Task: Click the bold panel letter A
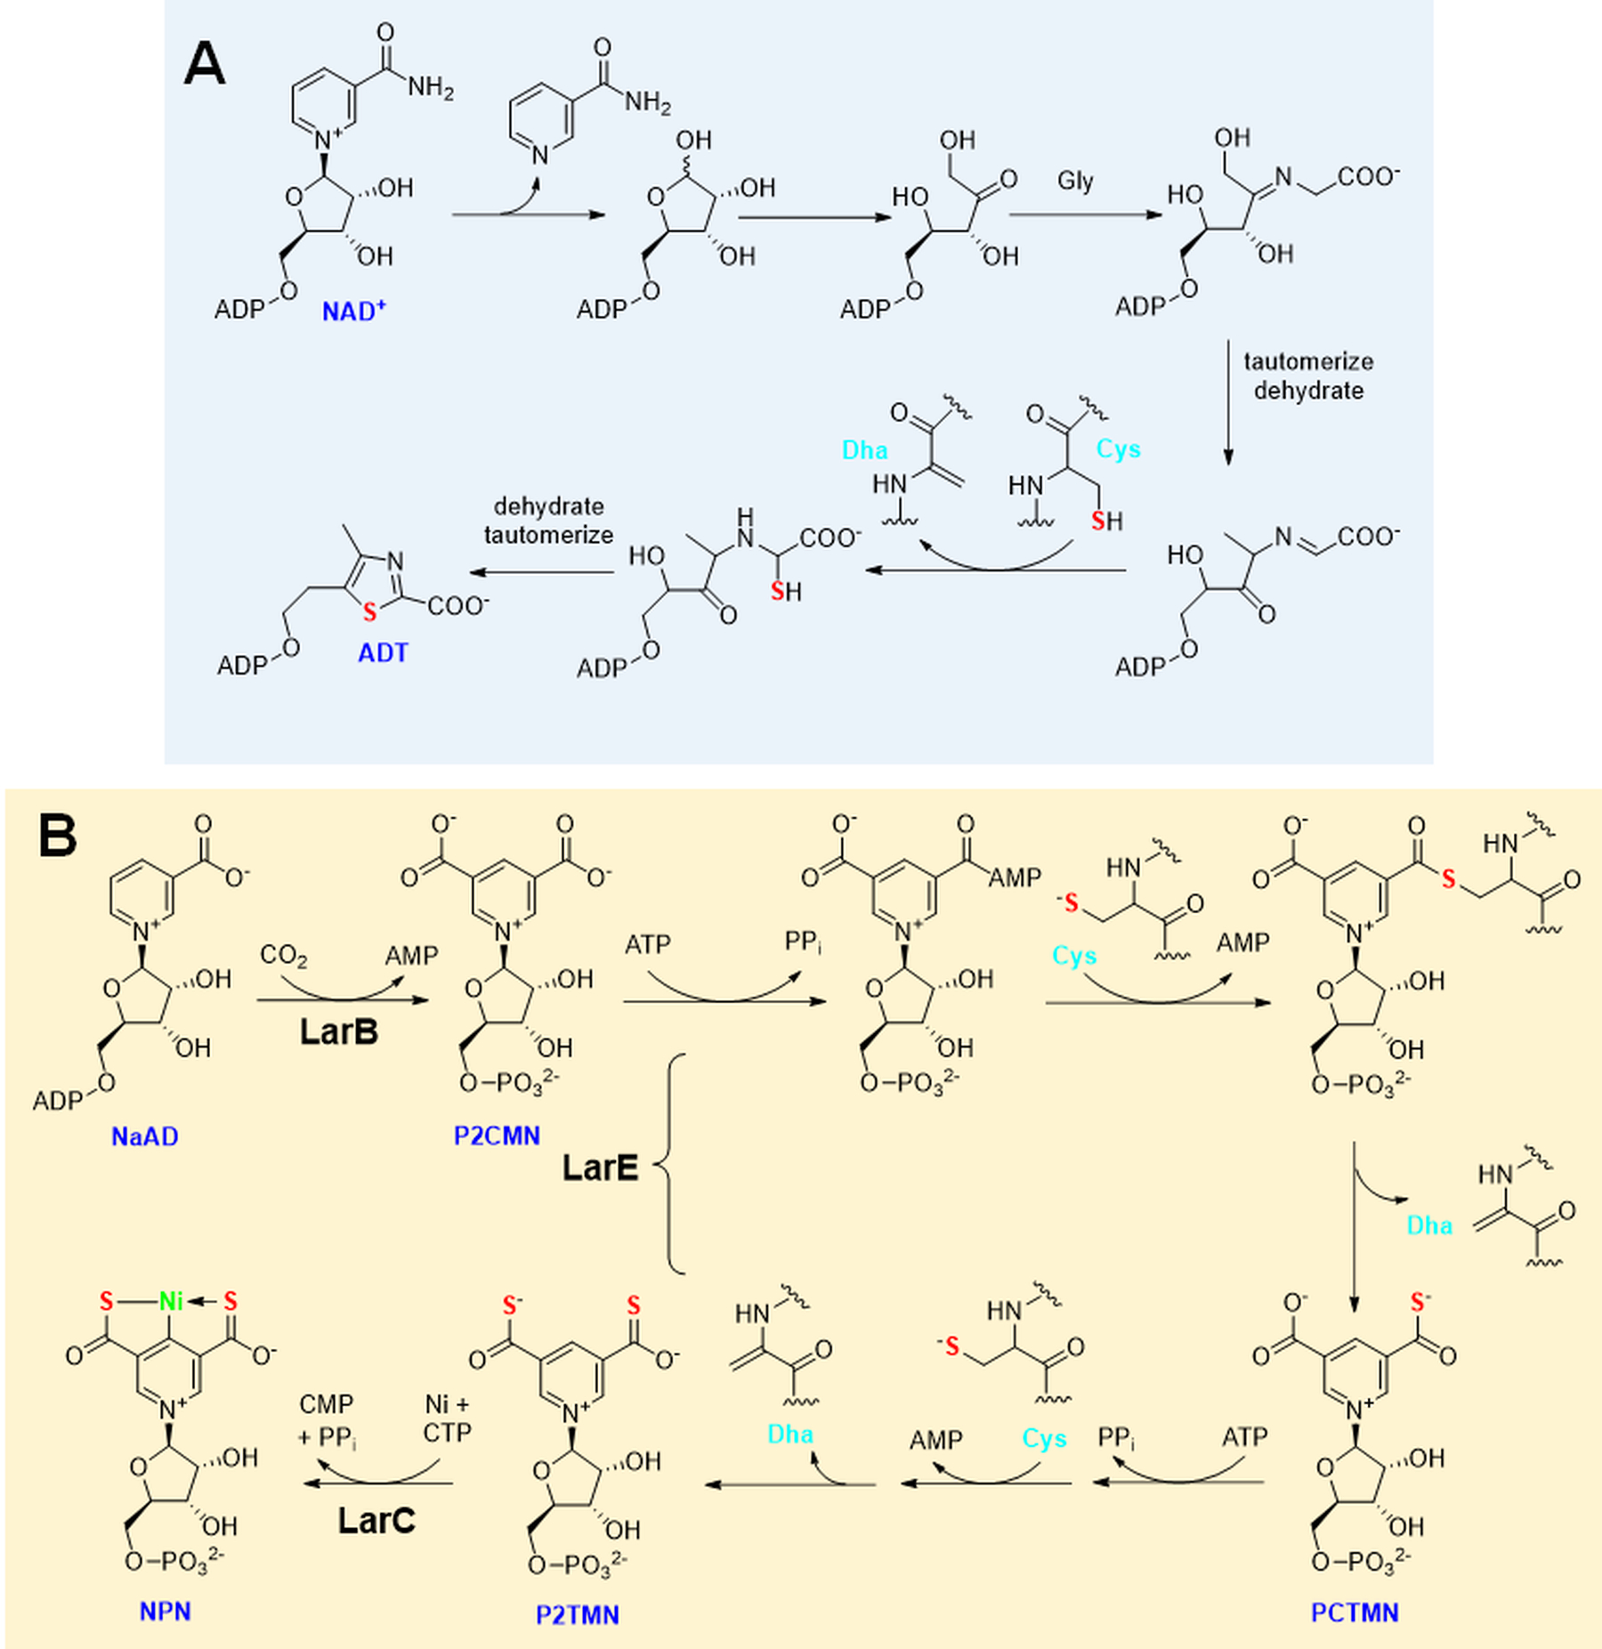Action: pyautogui.click(x=204, y=65)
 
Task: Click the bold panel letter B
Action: pyautogui.click(x=58, y=837)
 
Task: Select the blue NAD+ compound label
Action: pyautogui.click(x=353, y=311)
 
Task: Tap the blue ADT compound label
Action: pyautogui.click(x=383, y=652)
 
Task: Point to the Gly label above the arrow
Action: pyautogui.click(x=1075, y=182)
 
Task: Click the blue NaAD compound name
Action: pyautogui.click(x=144, y=1136)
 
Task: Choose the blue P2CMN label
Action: pyautogui.click(x=497, y=1136)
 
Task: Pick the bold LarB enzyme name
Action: pyautogui.click(x=339, y=1031)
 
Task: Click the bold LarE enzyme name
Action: pyautogui.click(x=600, y=1168)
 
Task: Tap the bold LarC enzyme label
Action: pyautogui.click(x=376, y=1520)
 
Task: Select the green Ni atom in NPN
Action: pyautogui.click(x=170, y=1301)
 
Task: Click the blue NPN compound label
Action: pyautogui.click(x=165, y=1611)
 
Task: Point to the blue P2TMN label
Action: pyautogui.click(x=577, y=1614)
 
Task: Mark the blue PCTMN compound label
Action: pyautogui.click(x=1355, y=1612)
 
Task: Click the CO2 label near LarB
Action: pyautogui.click(x=283, y=956)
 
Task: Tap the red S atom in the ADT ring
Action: pyautogui.click(x=369, y=612)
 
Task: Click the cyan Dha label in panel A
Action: pyautogui.click(x=864, y=450)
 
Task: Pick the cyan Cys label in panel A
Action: pyautogui.click(x=1118, y=449)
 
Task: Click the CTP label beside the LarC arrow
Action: pyautogui.click(x=447, y=1433)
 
